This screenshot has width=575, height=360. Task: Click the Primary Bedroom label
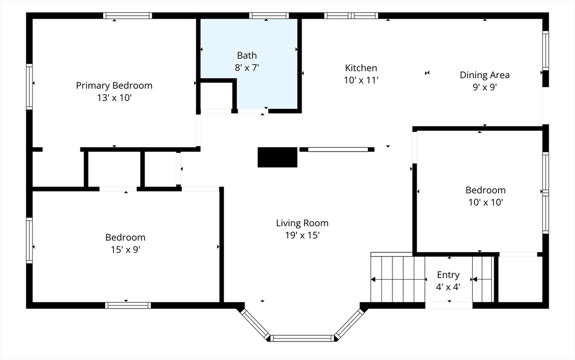114,86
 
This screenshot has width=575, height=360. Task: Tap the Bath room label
247,56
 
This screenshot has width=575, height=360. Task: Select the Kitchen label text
361,68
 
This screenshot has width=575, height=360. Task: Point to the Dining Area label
485,75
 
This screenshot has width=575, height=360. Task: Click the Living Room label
302,223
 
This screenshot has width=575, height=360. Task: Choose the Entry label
448,275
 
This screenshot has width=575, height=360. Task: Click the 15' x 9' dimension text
125,250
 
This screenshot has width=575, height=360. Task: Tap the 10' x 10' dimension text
486,202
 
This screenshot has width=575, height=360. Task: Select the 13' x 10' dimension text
114,98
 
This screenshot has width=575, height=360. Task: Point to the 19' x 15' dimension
302,235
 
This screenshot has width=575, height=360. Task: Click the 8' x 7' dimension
247,68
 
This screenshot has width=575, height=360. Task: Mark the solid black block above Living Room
277,157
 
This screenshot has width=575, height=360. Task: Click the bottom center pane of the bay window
302,338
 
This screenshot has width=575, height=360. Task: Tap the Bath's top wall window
269,16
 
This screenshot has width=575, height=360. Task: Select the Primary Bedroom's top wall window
127,16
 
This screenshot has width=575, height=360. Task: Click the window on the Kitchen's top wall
351,16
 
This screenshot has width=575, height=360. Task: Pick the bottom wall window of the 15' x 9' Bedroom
127,306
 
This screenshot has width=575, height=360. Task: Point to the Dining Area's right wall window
546,51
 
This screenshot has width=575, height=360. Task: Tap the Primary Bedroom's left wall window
29,86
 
